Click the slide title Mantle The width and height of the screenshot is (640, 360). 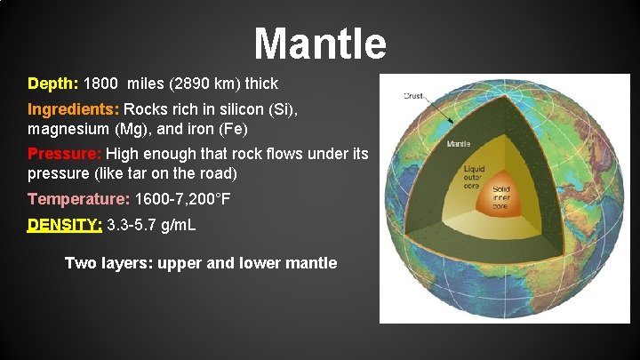(320, 42)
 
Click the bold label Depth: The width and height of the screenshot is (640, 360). (53, 84)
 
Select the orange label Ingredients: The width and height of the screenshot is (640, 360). (74, 110)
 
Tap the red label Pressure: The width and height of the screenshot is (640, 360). (65, 154)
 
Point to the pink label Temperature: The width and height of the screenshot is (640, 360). (78, 198)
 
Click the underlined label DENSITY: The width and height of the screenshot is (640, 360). (65, 225)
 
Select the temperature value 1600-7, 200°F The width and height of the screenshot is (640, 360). (182, 198)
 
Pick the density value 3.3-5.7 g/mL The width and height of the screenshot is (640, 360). (151, 225)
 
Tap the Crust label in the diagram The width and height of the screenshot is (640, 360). (413, 95)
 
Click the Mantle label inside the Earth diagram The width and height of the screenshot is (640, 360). (459, 143)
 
